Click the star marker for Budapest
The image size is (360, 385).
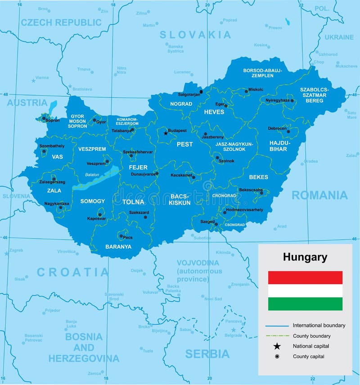[165, 133]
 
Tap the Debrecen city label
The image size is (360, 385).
[277, 128]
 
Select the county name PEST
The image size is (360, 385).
[184, 144]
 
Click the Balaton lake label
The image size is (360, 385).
[91, 175]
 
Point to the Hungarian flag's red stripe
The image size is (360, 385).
[305, 278]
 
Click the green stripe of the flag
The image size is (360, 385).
[305, 304]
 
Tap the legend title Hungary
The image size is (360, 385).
[305, 257]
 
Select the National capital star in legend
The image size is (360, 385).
[277, 346]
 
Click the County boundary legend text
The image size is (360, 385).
[311, 336]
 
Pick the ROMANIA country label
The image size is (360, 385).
[319, 195]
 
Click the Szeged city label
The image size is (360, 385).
[208, 221]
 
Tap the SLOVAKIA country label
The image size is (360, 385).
[195, 35]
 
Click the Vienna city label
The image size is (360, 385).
[42, 77]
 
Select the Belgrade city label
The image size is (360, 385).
[233, 335]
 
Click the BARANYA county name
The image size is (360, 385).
[118, 246]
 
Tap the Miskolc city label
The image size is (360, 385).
[256, 90]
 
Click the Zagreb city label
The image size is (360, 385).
[16, 250]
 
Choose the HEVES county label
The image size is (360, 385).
[214, 112]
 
